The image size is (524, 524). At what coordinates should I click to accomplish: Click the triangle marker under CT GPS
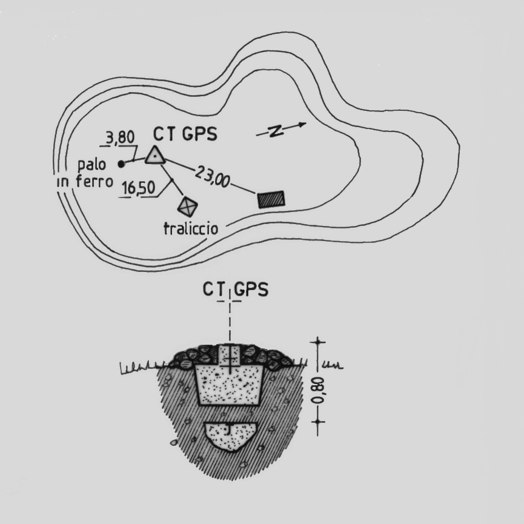click(x=155, y=156)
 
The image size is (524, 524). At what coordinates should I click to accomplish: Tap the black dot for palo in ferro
click(x=121, y=164)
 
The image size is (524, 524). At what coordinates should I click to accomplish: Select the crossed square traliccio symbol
click(x=187, y=207)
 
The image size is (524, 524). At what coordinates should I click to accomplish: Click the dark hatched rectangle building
click(x=271, y=199)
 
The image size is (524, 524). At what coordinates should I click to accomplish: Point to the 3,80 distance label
click(x=120, y=138)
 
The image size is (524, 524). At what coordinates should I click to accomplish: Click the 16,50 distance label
click(x=138, y=188)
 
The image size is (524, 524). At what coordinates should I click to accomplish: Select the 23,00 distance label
click(x=213, y=177)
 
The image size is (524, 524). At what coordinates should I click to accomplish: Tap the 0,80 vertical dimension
click(x=317, y=390)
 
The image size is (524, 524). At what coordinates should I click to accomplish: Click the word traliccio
click(x=191, y=228)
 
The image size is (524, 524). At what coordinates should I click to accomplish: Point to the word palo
click(x=91, y=164)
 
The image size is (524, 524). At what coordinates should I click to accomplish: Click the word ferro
click(x=95, y=182)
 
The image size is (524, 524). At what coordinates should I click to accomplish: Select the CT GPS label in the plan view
click(x=185, y=134)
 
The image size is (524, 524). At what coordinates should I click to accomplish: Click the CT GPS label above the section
click(x=235, y=290)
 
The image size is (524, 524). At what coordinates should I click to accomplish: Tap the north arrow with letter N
click(x=281, y=130)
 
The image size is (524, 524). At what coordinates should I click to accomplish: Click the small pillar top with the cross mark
click(x=230, y=355)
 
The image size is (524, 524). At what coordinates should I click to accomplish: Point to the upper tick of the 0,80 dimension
click(x=317, y=342)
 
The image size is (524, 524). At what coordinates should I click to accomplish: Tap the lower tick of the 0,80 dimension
click(x=317, y=422)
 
